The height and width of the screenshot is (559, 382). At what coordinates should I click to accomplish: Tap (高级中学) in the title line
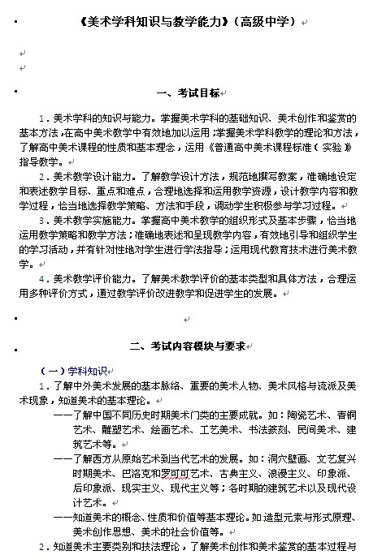pyautogui.click(x=264, y=23)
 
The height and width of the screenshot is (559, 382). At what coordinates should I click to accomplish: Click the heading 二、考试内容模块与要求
pyautogui.click(x=188, y=345)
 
